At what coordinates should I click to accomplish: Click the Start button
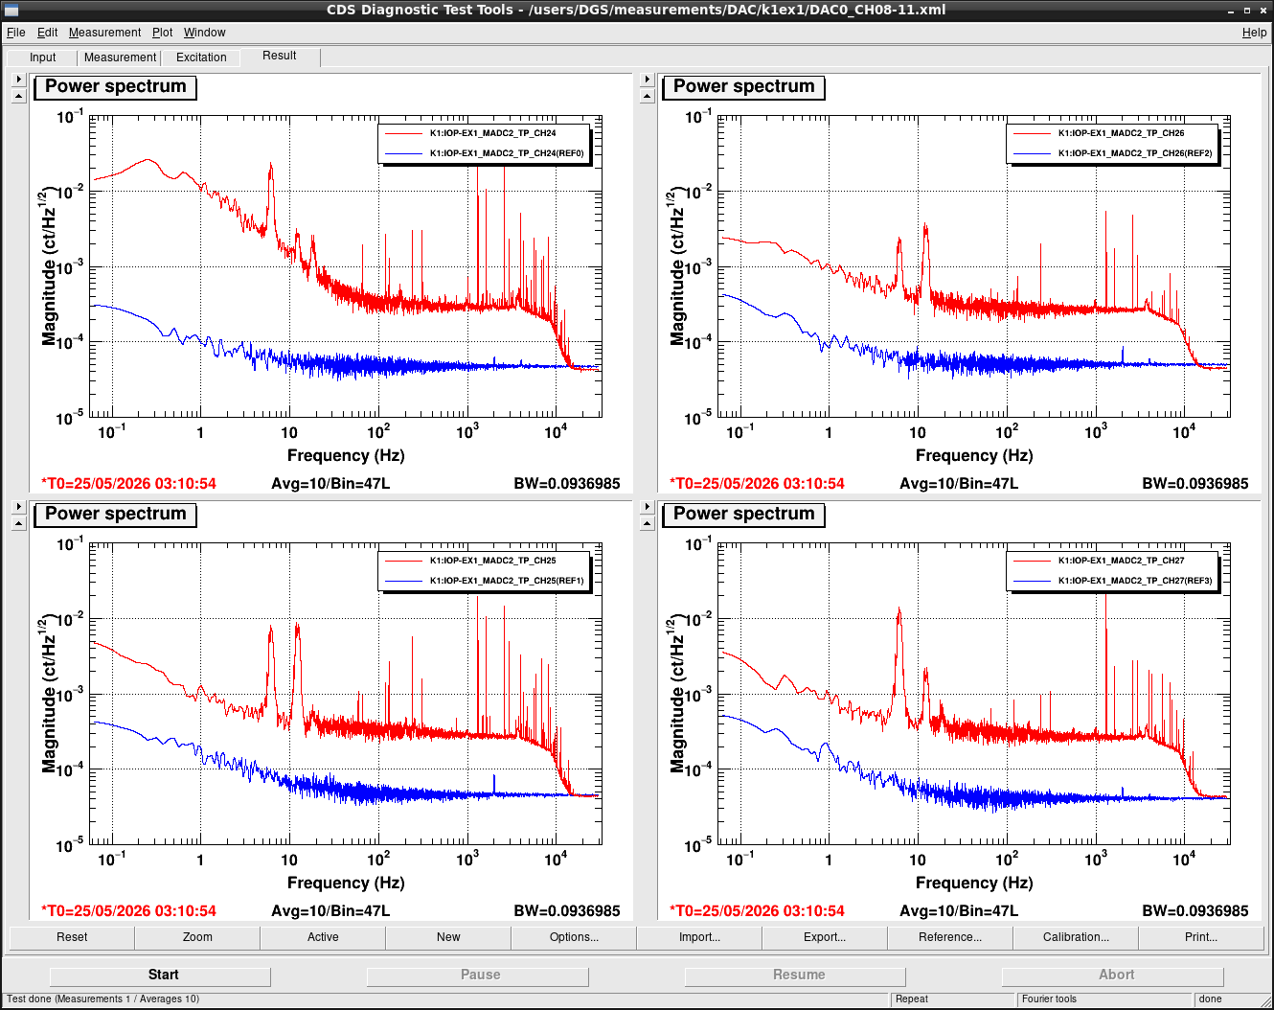pyautogui.click(x=160, y=976)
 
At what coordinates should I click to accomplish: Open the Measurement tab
pyautogui.click(x=120, y=57)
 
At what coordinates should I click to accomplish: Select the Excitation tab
pyautogui.click(x=201, y=57)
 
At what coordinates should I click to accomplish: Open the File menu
pyautogui.click(x=16, y=33)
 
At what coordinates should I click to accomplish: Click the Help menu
pyautogui.click(x=1254, y=33)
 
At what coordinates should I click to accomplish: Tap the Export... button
pyautogui.click(x=824, y=937)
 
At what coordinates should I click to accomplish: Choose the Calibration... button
pyautogui.click(x=1075, y=937)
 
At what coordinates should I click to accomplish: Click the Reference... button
pyautogui.click(x=949, y=937)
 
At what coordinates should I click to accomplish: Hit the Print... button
pyautogui.click(x=1200, y=937)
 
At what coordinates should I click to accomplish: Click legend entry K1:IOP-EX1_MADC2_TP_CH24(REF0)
pyautogui.click(x=507, y=153)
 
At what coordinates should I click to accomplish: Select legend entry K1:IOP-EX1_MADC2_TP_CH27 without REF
pyautogui.click(x=1122, y=561)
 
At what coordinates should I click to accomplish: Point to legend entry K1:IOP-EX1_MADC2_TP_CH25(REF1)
pyautogui.click(x=507, y=581)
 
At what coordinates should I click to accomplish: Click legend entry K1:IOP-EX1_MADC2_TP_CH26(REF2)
pyautogui.click(x=1135, y=153)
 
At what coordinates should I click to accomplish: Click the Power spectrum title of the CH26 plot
pyautogui.click(x=743, y=86)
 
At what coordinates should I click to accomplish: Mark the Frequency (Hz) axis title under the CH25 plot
pyautogui.click(x=346, y=883)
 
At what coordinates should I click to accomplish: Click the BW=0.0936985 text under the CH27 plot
pyautogui.click(x=1194, y=911)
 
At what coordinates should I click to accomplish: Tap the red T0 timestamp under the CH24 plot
pyautogui.click(x=128, y=484)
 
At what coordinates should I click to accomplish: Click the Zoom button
pyautogui.click(x=197, y=937)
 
